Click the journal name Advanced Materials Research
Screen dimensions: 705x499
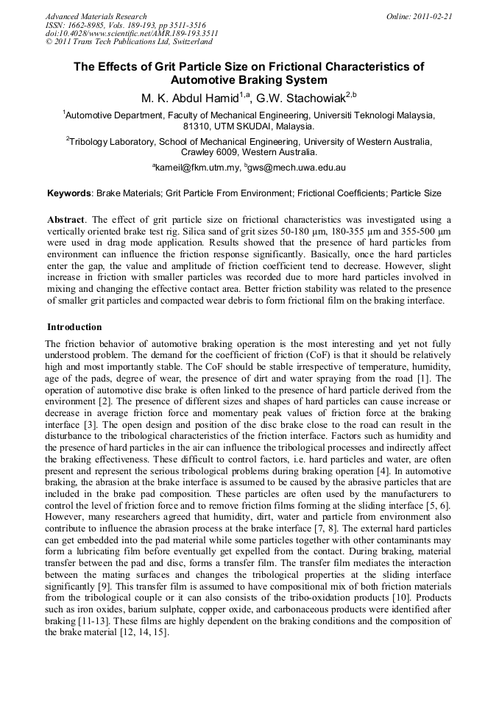click(96, 16)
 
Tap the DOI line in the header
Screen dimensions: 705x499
click(132, 34)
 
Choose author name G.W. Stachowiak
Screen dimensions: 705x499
click(291, 97)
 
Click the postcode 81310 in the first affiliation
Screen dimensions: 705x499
click(198, 126)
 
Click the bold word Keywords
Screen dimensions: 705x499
click(68, 193)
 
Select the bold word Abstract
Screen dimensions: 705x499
click(66, 220)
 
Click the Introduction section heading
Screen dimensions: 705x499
click(74, 327)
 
